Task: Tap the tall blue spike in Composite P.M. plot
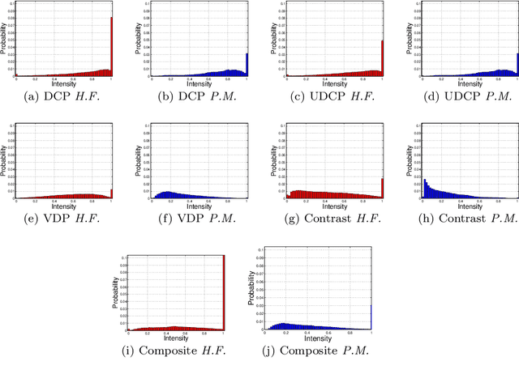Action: tap(371, 317)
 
